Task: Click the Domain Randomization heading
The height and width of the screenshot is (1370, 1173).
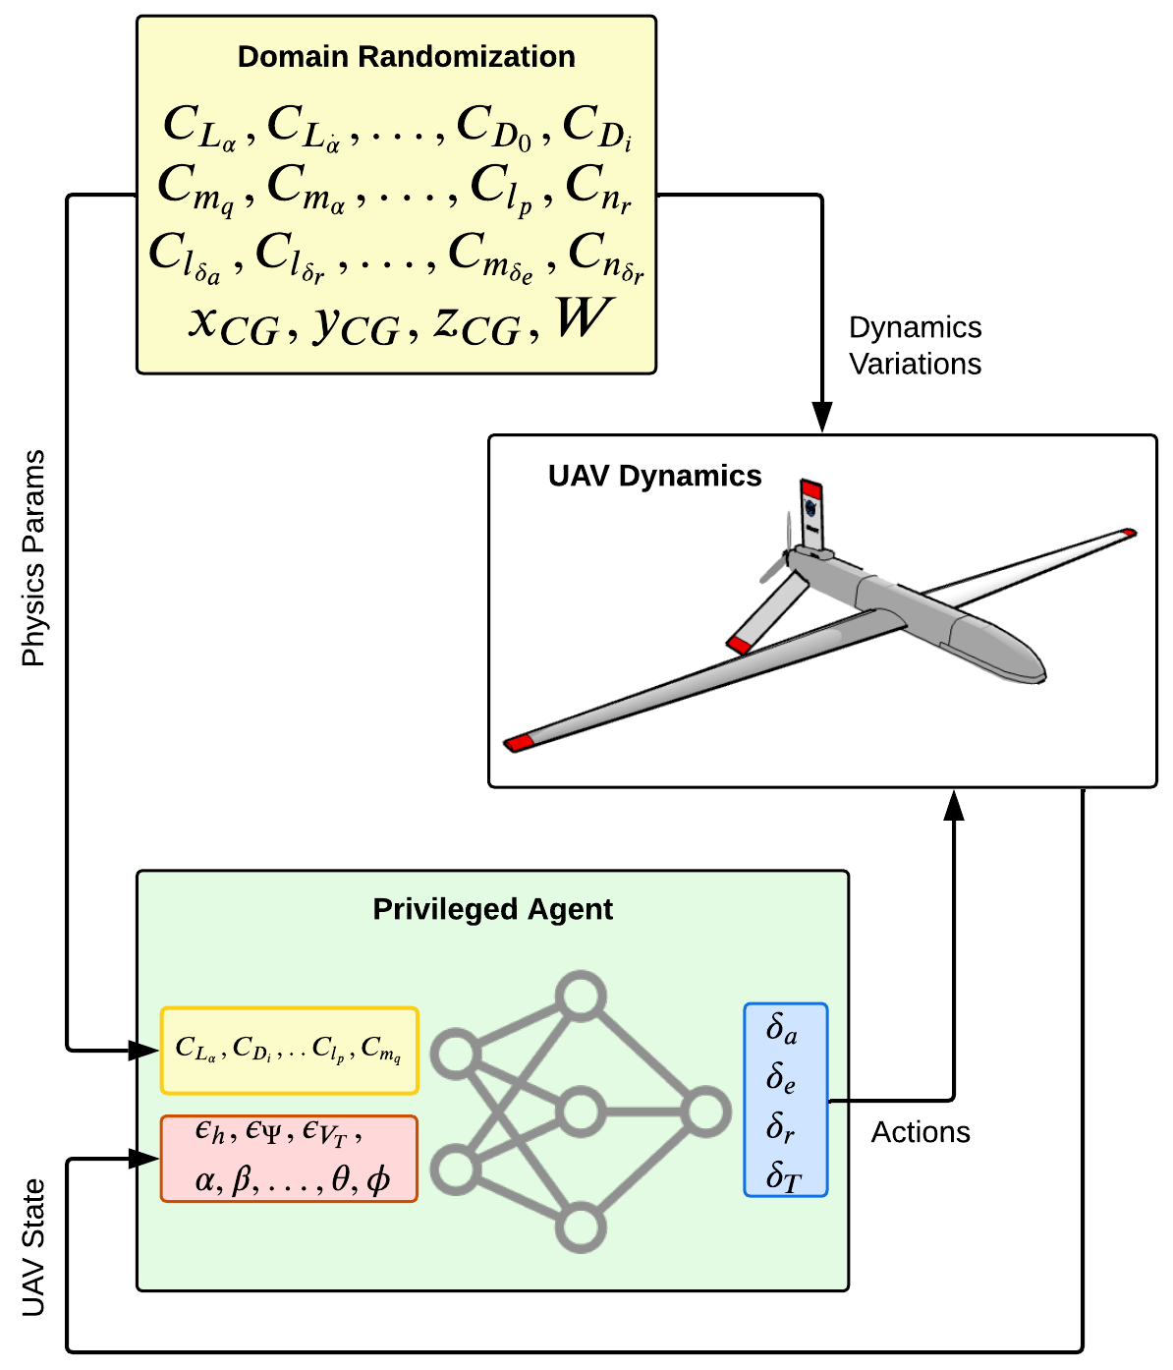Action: coord(406,57)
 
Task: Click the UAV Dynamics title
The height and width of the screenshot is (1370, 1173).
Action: coord(654,476)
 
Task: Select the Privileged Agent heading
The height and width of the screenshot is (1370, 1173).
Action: coord(492,909)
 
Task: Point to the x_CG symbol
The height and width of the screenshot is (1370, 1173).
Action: coord(234,322)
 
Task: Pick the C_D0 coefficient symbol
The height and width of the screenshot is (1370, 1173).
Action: coord(495,128)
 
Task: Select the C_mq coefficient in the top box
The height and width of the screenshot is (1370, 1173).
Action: coord(196,188)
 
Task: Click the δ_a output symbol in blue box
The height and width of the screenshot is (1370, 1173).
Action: coord(782,1029)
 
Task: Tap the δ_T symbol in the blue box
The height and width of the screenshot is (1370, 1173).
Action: coord(783,1175)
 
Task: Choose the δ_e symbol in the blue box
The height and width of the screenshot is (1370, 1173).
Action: coord(781,1078)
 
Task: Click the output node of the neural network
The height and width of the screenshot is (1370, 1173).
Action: coord(705,1113)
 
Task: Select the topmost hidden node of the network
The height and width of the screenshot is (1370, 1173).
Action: coord(580,997)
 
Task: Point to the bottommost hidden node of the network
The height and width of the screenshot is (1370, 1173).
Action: coord(580,1227)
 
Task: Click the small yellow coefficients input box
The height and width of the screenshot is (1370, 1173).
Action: coord(289,1051)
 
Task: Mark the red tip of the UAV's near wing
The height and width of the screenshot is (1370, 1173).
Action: coord(518,742)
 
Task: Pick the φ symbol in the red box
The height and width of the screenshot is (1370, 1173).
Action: coord(378,1179)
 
